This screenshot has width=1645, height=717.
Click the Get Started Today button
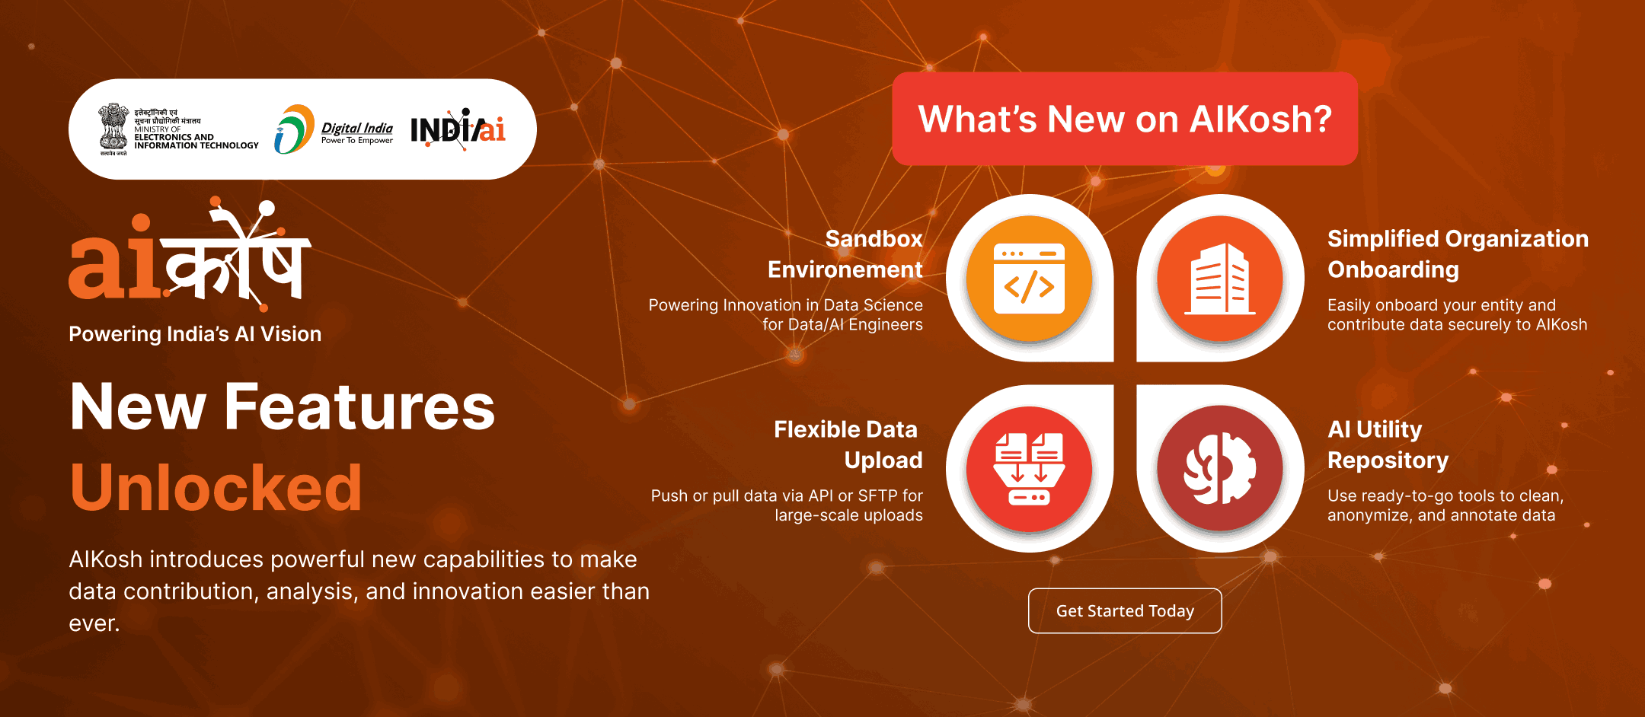1125,610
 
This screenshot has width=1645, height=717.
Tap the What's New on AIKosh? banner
1125,119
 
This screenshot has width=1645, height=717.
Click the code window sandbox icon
1029,279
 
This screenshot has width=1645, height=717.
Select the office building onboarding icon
1220,279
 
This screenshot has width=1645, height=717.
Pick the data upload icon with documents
1029,469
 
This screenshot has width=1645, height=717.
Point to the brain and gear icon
1220,469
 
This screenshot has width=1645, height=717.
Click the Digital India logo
334,129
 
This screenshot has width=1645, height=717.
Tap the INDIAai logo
458,129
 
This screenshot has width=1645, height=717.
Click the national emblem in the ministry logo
113,129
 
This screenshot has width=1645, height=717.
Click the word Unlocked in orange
216,488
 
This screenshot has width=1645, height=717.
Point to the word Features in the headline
359,406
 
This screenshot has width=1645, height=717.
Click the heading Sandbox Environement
845,254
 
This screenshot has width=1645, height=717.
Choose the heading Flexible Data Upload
848,445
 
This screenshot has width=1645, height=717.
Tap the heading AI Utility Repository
1388,445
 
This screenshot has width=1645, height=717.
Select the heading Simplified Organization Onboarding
1458,254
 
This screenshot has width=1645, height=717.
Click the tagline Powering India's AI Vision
195,334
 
